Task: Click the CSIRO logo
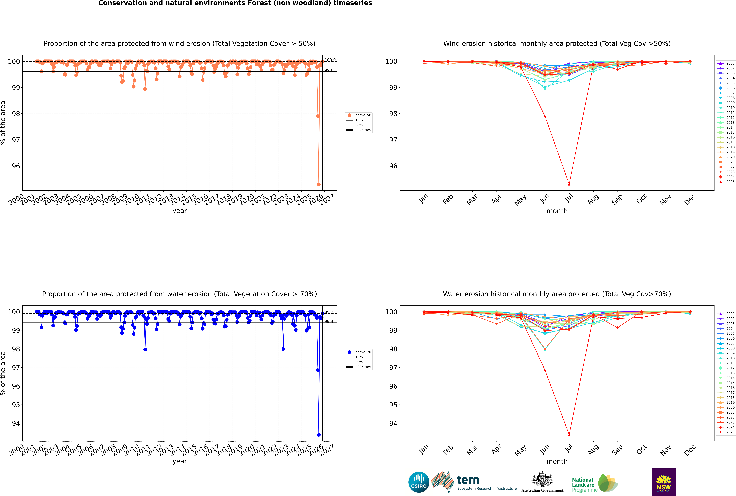point(419,482)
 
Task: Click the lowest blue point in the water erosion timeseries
point(319,435)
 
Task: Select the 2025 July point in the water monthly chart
point(569,435)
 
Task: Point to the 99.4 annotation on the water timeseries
point(329,321)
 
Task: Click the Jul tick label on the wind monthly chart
point(569,198)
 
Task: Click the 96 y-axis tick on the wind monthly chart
point(393,166)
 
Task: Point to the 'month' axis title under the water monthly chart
point(557,461)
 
